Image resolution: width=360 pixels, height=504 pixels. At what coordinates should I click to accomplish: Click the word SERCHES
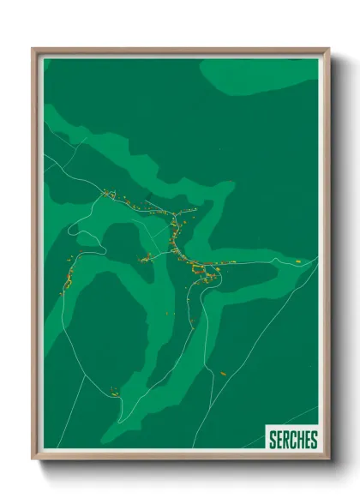[293, 441]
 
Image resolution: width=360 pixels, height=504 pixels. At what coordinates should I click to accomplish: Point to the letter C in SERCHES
[292, 441]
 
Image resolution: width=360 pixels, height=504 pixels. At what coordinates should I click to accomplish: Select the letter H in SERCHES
[299, 441]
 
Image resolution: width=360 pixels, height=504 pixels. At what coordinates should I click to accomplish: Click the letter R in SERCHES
[285, 441]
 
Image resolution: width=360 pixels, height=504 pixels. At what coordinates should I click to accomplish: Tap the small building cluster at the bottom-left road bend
[113, 392]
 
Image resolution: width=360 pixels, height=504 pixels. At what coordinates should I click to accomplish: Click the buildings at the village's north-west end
[110, 195]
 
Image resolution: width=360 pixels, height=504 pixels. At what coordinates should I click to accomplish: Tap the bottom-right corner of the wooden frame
[328, 459]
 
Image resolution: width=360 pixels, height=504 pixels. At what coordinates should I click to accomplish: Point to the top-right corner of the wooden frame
[328, 50]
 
